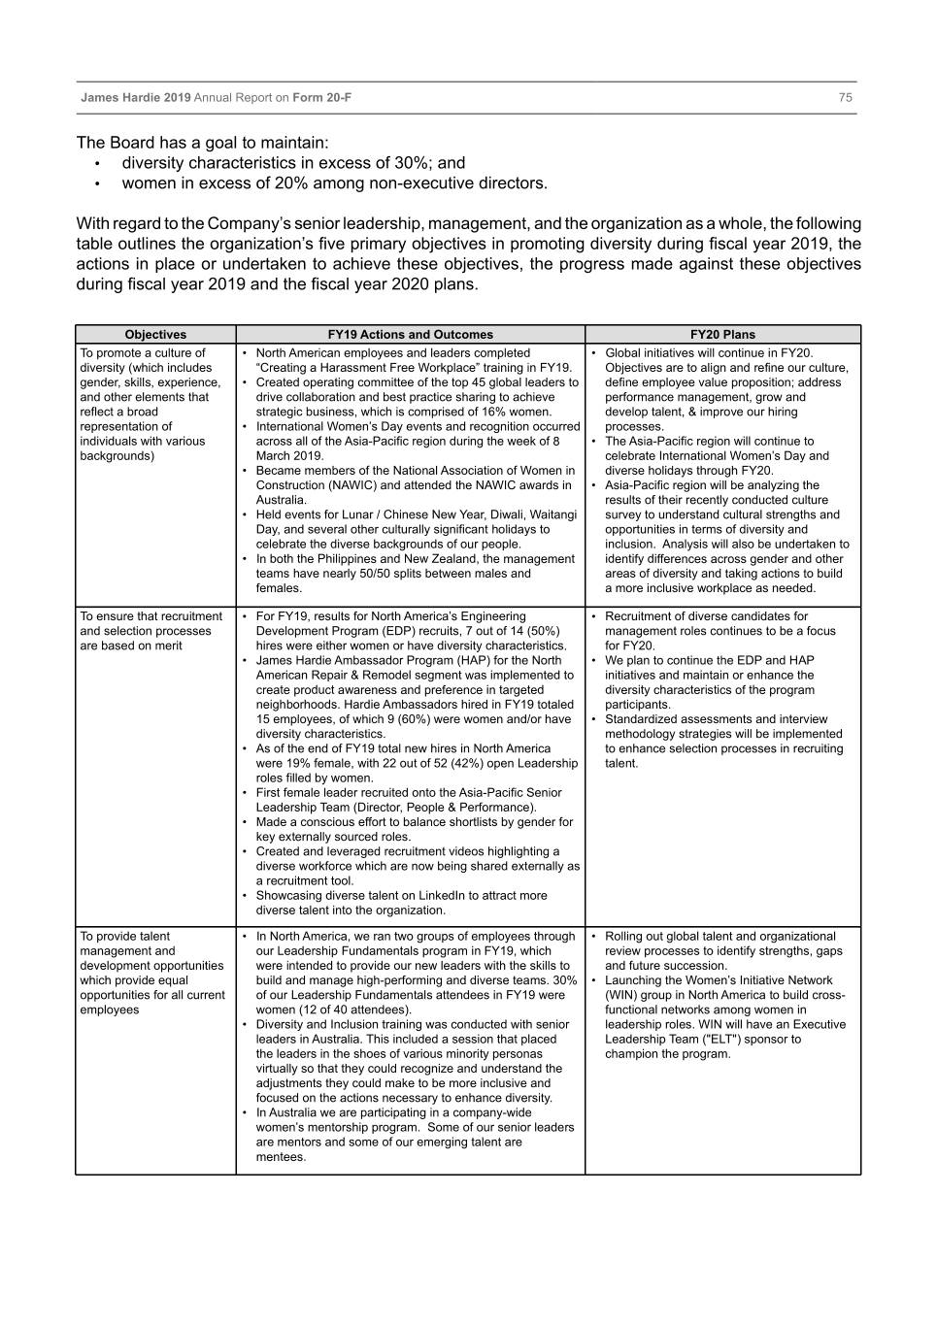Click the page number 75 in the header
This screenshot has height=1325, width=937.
tap(845, 97)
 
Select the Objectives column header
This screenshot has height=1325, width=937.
tap(155, 334)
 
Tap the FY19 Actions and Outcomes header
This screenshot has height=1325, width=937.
tap(410, 334)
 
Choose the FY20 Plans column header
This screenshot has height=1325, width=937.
tap(722, 334)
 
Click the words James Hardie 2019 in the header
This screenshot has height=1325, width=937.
tap(136, 97)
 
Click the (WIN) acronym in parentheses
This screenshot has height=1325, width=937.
tap(625, 995)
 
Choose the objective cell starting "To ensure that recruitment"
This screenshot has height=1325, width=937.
tap(151, 631)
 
